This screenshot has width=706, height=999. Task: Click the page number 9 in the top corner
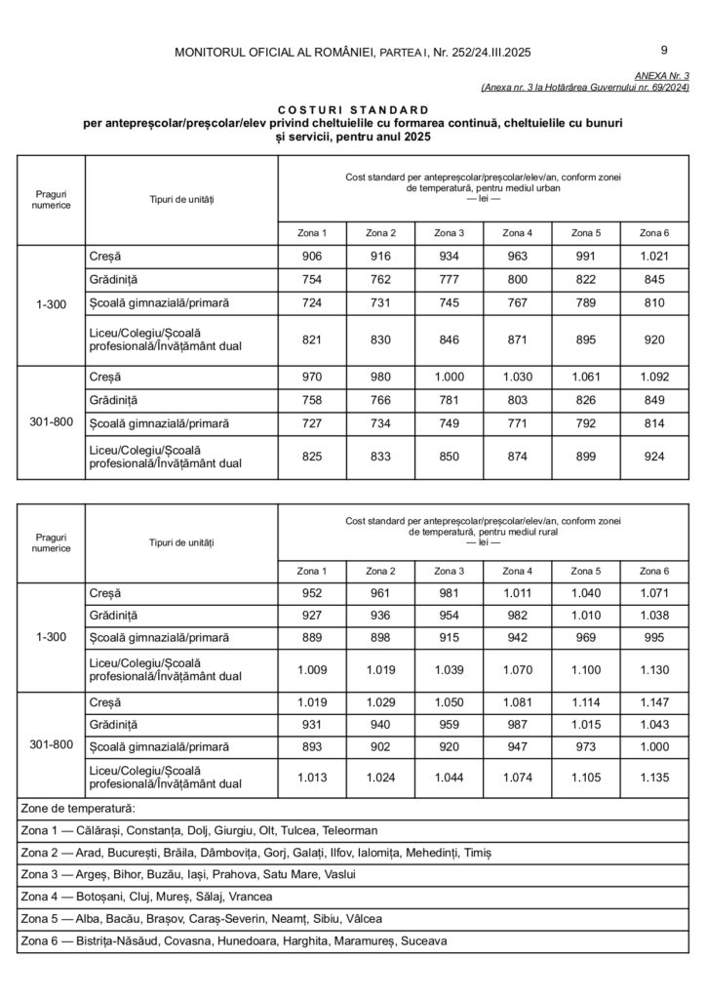(x=664, y=50)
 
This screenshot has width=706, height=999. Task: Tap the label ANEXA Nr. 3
(x=661, y=75)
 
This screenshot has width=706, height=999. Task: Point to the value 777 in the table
(x=449, y=281)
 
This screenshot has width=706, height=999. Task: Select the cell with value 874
(x=517, y=455)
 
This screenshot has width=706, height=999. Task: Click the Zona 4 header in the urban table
(x=517, y=232)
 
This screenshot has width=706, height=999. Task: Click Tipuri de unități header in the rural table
(x=181, y=541)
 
